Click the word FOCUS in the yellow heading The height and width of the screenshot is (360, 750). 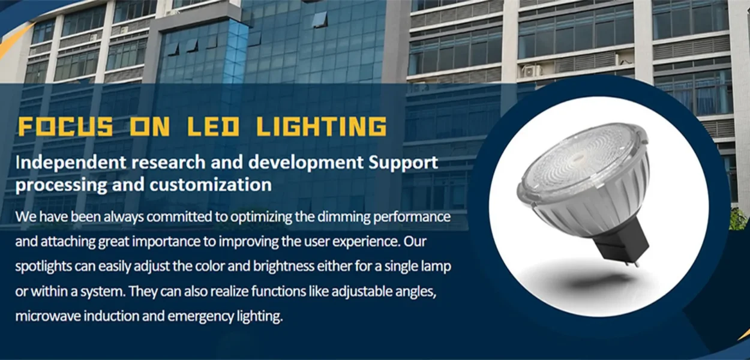click(65, 126)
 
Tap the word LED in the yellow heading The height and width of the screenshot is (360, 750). click(213, 126)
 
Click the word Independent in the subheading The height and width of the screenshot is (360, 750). click(71, 162)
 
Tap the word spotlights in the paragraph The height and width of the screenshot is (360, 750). click(44, 266)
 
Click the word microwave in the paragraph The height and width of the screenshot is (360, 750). click(48, 316)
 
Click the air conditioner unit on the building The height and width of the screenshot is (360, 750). click(530, 71)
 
